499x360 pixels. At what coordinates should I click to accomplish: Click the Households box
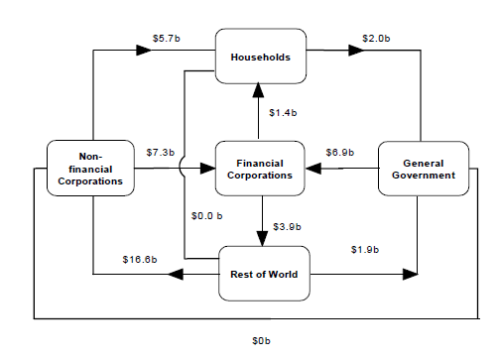coord(260,58)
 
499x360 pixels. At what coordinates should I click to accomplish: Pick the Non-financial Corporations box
coord(90,169)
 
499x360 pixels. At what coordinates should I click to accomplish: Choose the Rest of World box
coord(264,274)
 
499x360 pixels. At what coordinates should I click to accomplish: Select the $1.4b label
coord(285,112)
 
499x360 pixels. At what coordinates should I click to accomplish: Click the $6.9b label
coord(340,153)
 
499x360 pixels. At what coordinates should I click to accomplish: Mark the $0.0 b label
coord(207,215)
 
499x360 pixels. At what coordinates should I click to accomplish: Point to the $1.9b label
coord(365,248)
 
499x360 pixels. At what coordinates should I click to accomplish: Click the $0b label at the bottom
coord(261,340)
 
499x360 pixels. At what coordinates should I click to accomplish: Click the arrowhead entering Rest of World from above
coord(263,238)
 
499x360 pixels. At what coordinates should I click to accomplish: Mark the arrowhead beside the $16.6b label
coord(173,274)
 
